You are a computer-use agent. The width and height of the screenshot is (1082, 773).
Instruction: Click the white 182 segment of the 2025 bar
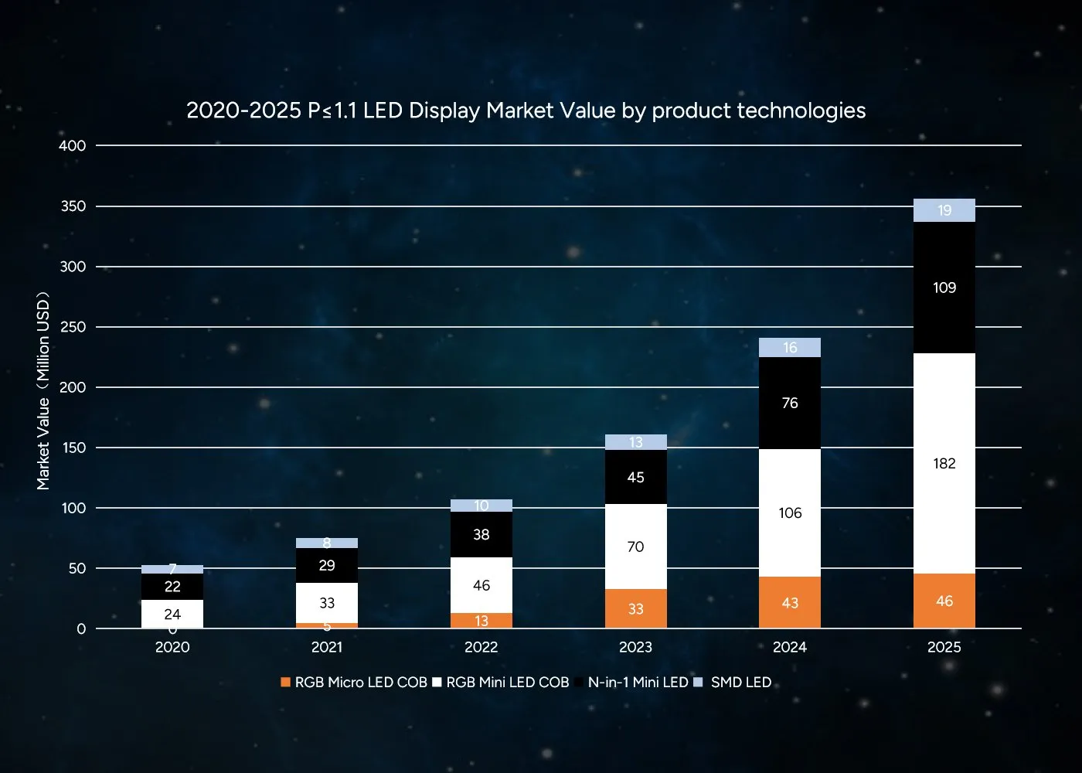pyautogui.click(x=944, y=463)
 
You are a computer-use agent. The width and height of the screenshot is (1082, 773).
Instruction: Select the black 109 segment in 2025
pyautogui.click(x=944, y=288)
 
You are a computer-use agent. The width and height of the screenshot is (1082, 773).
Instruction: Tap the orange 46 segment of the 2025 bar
pyautogui.click(x=944, y=601)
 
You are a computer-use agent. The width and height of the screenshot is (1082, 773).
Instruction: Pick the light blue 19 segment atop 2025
pyautogui.click(x=944, y=210)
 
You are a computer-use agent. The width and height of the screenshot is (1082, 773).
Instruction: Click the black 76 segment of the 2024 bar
pyautogui.click(x=789, y=403)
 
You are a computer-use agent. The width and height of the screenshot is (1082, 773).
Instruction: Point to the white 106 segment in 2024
pyautogui.click(x=789, y=512)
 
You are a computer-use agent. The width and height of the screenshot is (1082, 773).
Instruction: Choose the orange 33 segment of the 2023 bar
pyautogui.click(x=635, y=608)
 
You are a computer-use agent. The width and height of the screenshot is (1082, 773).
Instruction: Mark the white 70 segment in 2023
pyautogui.click(x=635, y=547)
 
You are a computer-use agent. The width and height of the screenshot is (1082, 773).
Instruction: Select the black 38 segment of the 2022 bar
pyautogui.click(x=481, y=534)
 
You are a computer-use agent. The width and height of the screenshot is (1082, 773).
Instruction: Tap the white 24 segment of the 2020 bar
pyautogui.click(x=172, y=614)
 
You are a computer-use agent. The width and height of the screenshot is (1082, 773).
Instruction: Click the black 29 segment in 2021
pyautogui.click(x=326, y=565)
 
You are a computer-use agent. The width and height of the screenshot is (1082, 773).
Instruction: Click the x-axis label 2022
pyautogui.click(x=481, y=647)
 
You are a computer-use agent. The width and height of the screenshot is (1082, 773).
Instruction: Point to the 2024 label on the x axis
pyautogui.click(x=789, y=647)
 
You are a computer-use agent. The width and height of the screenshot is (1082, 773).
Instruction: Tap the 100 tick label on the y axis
pyautogui.click(x=73, y=508)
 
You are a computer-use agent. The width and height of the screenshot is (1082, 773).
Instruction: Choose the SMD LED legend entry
pyautogui.click(x=740, y=683)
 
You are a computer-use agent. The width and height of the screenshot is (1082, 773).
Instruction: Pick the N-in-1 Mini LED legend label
pyautogui.click(x=638, y=683)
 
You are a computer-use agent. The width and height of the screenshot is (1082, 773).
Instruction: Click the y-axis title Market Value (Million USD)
pyautogui.click(x=43, y=390)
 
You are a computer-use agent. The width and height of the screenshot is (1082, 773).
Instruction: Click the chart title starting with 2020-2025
pyautogui.click(x=526, y=111)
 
